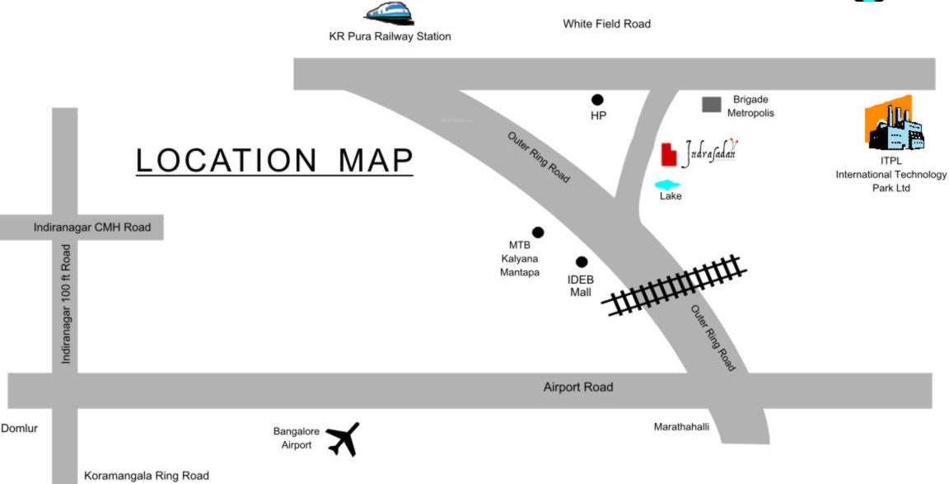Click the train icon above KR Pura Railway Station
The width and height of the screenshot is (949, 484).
pyautogui.click(x=390, y=12)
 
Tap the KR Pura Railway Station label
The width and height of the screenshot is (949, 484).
pyautogui.click(x=390, y=36)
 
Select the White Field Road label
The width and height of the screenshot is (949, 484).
pyautogui.click(x=606, y=24)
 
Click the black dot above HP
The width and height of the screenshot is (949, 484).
pyautogui.click(x=597, y=99)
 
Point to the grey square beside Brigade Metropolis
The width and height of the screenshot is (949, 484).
pyautogui.click(x=711, y=104)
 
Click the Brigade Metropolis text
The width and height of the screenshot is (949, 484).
pyautogui.click(x=750, y=106)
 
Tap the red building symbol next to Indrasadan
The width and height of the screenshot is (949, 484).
pyautogui.click(x=668, y=154)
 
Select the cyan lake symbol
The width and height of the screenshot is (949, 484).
pyautogui.click(x=667, y=185)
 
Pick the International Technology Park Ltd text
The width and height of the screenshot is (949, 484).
pyautogui.click(x=891, y=181)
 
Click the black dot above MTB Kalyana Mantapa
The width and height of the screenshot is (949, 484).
pyautogui.click(x=537, y=232)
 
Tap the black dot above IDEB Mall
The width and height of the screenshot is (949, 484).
pyautogui.click(x=582, y=261)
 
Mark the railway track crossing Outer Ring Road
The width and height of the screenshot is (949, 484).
pyautogui.click(x=676, y=285)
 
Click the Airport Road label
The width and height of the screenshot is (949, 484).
pyautogui.click(x=578, y=387)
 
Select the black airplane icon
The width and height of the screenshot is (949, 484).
pyautogui.click(x=344, y=439)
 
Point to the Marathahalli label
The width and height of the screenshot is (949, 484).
pyautogui.click(x=681, y=427)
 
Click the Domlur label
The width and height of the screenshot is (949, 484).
pyautogui.click(x=20, y=428)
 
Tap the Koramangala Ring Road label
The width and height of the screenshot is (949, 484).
pyautogui.click(x=147, y=476)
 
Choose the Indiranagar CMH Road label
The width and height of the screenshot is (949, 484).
pyautogui.click(x=92, y=228)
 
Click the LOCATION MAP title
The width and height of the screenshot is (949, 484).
pyautogui.click(x=274, y=161)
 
